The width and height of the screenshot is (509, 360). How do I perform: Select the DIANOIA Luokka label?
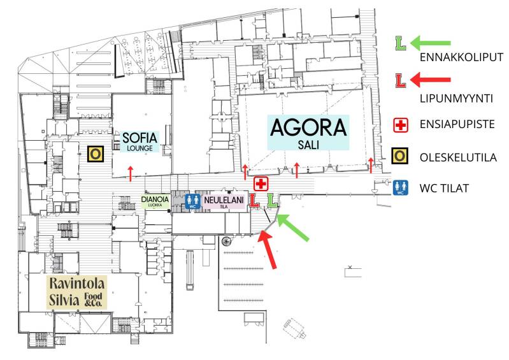point(155,201)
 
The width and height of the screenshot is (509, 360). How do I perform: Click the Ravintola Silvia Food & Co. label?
point(76,291)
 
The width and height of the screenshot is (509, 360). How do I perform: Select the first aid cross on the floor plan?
point(261,184)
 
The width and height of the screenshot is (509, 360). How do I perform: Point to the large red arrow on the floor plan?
point(269,250)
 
